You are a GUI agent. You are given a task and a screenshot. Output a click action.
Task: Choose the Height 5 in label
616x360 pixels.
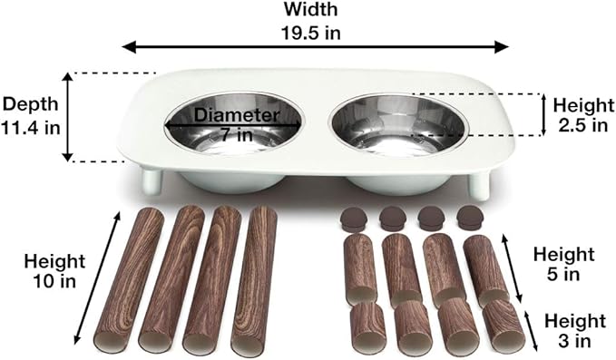coord(563,264)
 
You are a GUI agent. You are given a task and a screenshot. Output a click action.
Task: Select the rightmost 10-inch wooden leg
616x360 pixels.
coord(255,280)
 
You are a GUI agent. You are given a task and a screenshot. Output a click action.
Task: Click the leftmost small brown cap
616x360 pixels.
coord(353,219)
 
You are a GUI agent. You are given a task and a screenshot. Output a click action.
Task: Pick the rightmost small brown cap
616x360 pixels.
coord(469,219)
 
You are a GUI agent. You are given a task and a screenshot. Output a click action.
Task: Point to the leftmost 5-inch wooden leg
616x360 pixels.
coord(360,267)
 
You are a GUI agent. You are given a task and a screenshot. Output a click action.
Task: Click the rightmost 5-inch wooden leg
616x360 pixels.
coord(485,268)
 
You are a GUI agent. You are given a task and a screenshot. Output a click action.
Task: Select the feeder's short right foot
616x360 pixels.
coord(480,187)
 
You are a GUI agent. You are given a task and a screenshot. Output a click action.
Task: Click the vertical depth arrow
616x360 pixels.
coord(68,116)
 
